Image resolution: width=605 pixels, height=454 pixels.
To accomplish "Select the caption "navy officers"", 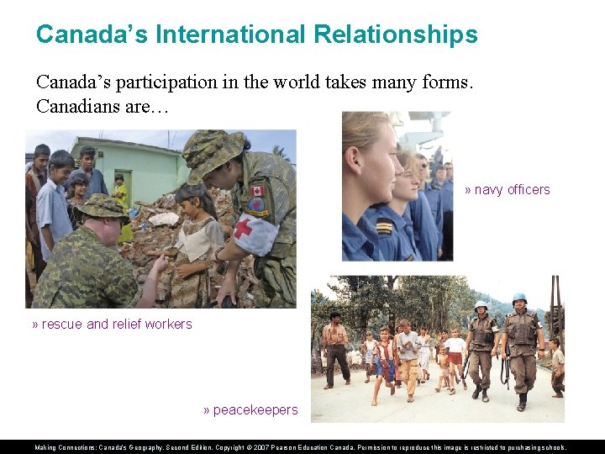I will point(512,190).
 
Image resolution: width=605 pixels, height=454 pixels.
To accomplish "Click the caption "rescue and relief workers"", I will point(116,324).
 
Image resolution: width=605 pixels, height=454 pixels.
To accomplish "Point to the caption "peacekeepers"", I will point(255,410).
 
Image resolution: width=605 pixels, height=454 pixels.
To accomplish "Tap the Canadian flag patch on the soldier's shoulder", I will point(258,191).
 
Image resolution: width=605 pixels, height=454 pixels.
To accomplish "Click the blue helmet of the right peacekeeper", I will point(519,298).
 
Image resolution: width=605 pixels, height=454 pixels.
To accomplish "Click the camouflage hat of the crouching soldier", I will point(101,206).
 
